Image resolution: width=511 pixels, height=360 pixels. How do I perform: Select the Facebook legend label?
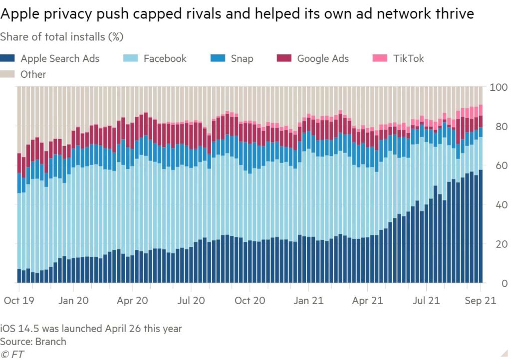165,58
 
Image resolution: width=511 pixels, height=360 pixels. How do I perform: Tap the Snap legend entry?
242,58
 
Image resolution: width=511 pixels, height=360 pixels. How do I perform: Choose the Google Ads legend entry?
322,58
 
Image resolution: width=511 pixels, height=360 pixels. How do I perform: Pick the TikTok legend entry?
408,58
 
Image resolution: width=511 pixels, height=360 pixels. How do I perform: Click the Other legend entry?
33,74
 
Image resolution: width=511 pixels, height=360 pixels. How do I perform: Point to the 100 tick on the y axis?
499,88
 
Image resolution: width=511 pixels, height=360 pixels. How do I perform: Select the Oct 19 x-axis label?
18,301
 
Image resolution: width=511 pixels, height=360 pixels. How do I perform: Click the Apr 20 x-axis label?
132,301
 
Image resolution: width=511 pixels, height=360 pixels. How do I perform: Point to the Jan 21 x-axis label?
308,301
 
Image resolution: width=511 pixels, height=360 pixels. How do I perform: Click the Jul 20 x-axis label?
191,301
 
